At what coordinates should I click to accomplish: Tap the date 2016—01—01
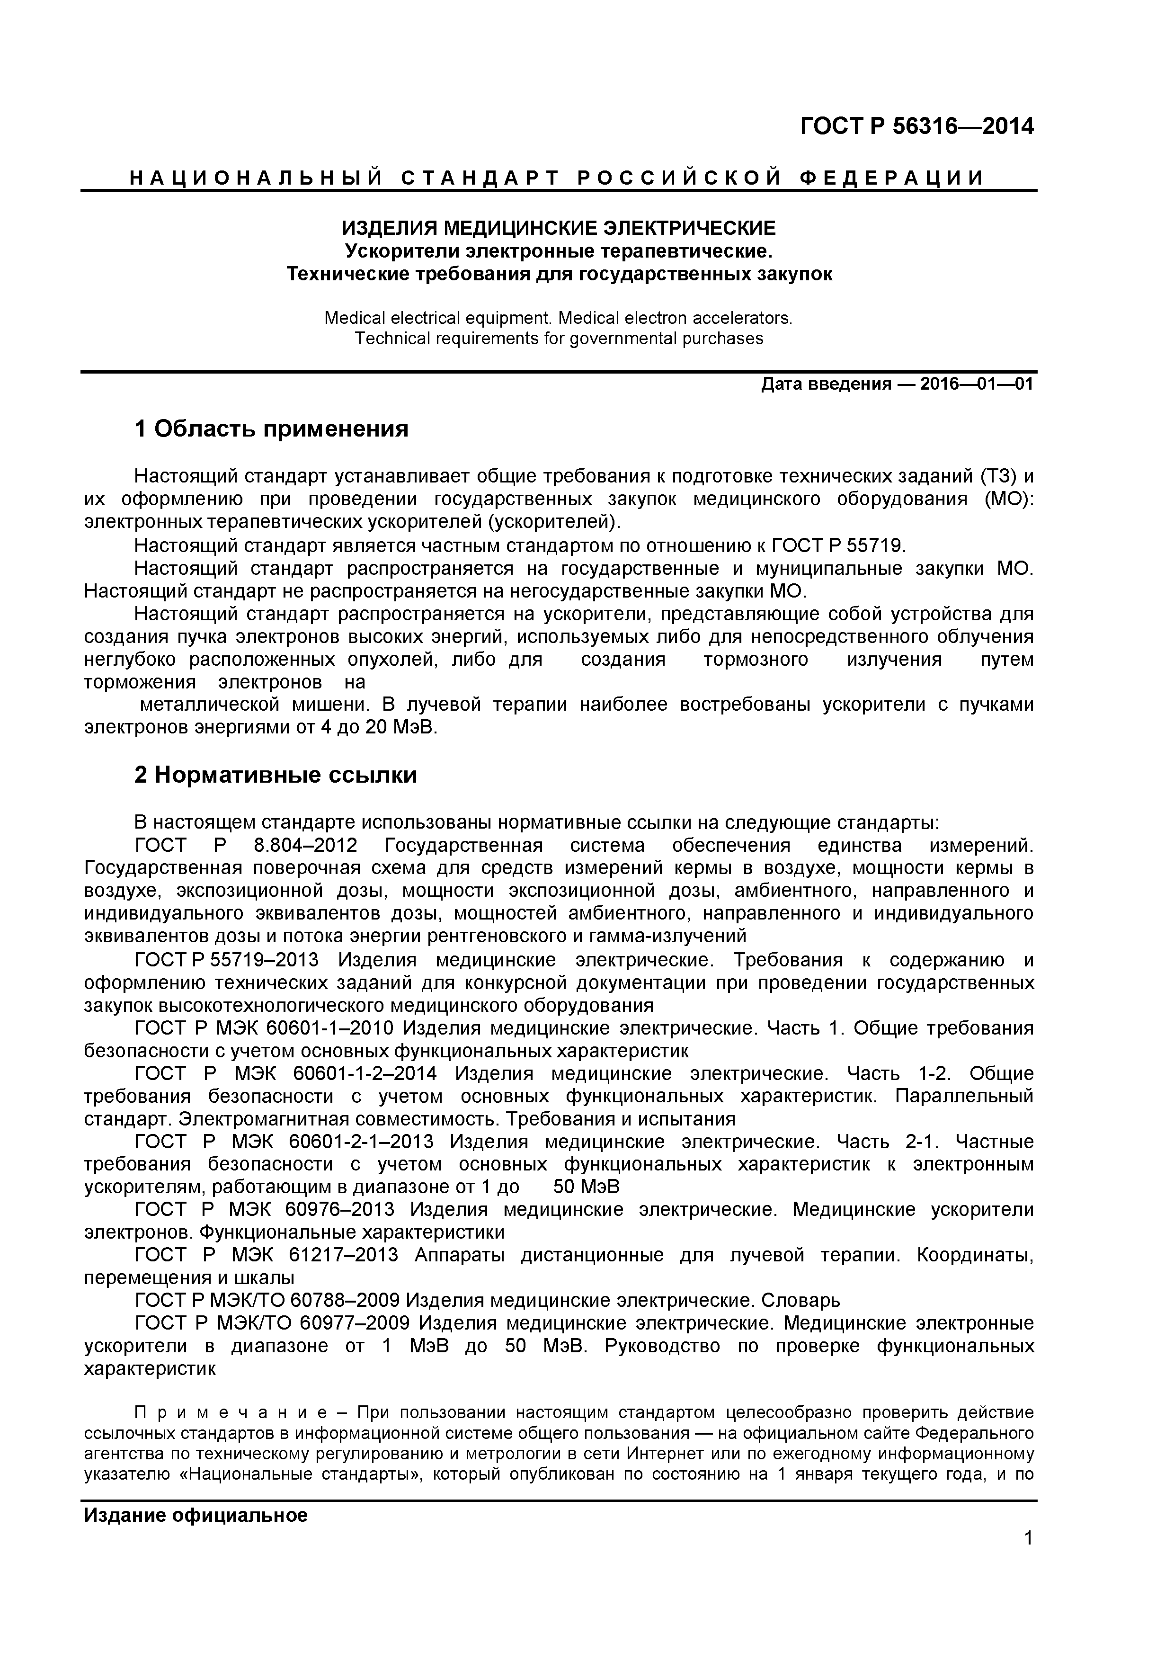(977, 384)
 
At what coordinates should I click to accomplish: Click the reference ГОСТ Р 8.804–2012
(246, 845)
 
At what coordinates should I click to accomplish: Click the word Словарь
(800, 1300)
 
